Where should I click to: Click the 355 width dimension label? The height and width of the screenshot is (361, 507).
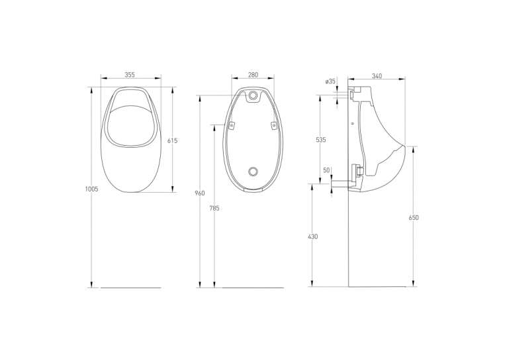[x=129, y=75]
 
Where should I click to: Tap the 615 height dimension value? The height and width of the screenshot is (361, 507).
[x=172, y=140]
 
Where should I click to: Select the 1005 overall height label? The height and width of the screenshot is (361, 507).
[x=91, y=189]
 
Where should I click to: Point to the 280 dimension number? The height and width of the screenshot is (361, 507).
[x=253, y=75]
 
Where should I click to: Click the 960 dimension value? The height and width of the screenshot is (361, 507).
[x=200, y=193]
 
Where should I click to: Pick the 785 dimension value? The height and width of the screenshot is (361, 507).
[x=214, y=208]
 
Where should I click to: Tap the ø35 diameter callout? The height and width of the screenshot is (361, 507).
[x=330, y=81]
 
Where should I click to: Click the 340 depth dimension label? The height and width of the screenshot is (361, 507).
[x=377, y=76]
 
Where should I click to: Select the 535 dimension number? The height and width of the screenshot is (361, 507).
[x=321, y=140]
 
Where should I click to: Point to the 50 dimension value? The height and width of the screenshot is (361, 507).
[x=326, y=170]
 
